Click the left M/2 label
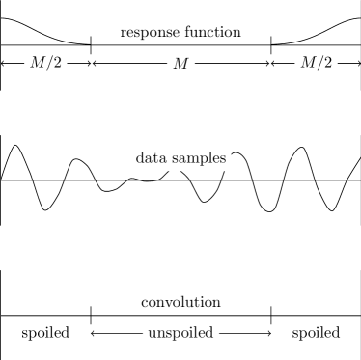45,64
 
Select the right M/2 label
316,64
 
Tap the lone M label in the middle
180,64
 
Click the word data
150,158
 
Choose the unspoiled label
180,334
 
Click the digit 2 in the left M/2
58,64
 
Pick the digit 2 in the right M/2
328,64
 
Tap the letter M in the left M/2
38,64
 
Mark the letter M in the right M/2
308,64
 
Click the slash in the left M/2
50,64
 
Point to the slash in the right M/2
320,64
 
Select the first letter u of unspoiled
152,334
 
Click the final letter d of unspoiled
209,334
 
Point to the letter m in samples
193,158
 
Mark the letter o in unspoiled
180,334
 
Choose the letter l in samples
211,158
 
